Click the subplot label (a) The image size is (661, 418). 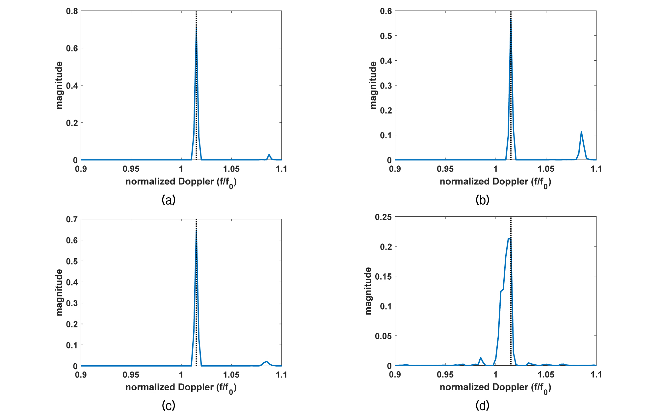pos(169,200)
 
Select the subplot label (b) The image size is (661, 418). pos(482,200)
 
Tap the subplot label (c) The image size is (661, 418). pos(169,405)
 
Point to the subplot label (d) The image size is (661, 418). pos(482,405)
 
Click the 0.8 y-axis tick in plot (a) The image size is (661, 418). pos(72,11)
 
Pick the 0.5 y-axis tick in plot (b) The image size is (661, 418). pos(386,36)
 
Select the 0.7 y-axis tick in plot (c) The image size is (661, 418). pos(72,219)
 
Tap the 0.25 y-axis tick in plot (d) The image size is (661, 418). pos(383,217)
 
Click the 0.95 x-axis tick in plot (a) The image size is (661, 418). pos(131,169)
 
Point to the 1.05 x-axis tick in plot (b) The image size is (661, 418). pos(546,169)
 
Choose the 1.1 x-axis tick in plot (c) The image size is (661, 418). pos(281,375)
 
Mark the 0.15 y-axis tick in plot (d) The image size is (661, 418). pos(383,276)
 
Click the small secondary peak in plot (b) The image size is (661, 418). pos(581,132)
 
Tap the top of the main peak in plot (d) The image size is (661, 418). pos(509,239)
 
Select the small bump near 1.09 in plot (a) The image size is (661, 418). pos(269,155)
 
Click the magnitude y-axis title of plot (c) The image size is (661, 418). pos(59,293)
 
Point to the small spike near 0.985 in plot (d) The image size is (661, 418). pos(481,358)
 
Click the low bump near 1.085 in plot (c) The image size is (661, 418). pos(266,362)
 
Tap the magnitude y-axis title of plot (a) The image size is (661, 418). pos(59,85)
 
